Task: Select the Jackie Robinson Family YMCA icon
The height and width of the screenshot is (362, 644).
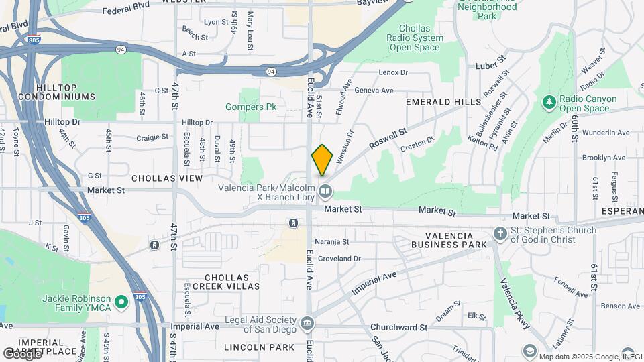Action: pos(121,303)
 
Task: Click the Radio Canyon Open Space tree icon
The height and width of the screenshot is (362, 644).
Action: pos(549,102)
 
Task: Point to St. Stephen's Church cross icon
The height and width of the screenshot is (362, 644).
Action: pos(500,234)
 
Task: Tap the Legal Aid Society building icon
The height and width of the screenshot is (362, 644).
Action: pos(307,324)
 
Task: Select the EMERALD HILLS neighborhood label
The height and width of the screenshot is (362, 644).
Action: pos(443,102)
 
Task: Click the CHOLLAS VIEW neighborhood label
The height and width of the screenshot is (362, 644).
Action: pos(167,178)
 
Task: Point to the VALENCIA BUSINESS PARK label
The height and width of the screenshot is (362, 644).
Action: pos(456,241)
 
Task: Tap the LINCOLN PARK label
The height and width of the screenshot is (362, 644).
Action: pos(259,347)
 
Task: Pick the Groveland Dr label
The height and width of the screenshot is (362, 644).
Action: pos(339,258)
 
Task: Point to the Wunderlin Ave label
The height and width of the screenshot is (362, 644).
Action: pos(606,133)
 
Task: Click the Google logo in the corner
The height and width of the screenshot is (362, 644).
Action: pos(21,353)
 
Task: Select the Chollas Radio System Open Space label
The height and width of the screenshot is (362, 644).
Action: pos(421,38)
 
